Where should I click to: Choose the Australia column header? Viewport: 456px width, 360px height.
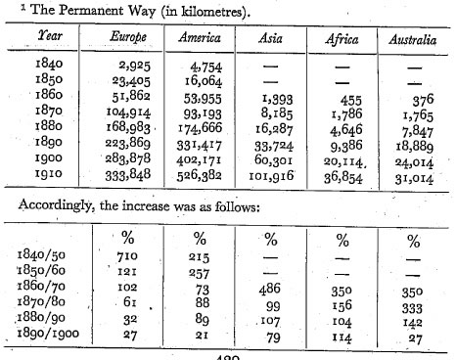(x=413, y=40)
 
